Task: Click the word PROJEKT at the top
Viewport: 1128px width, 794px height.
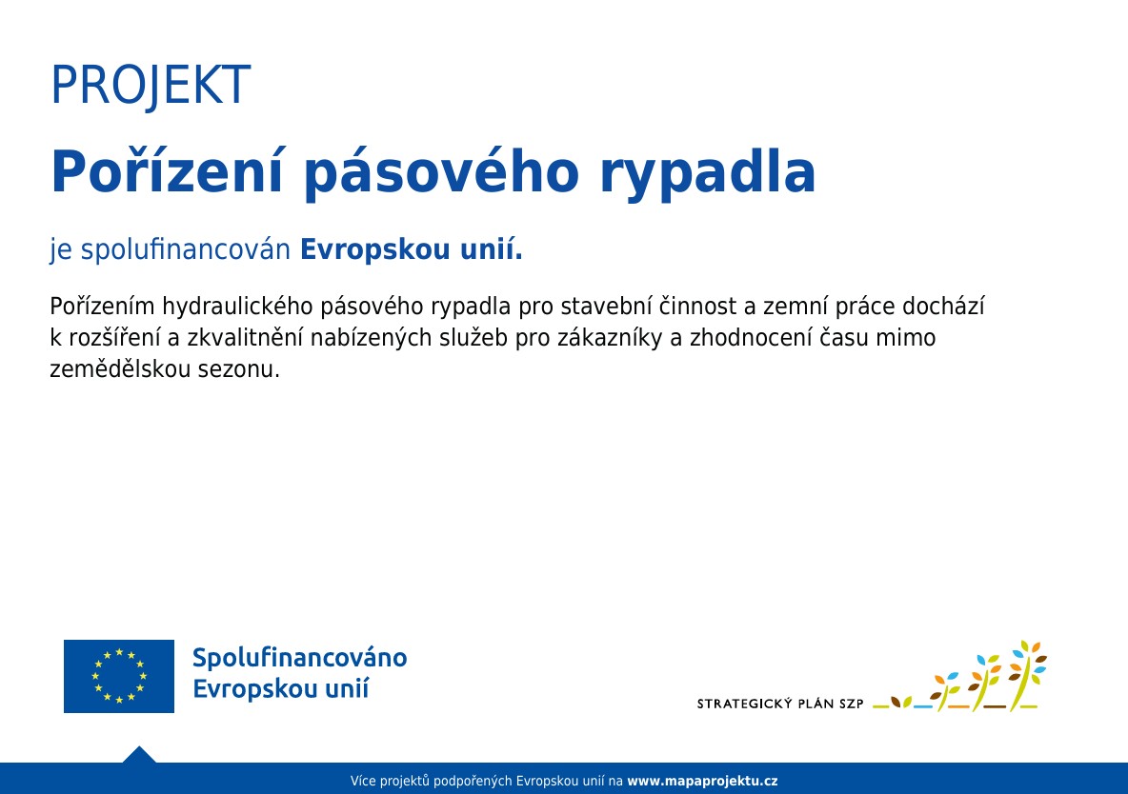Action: (x=151, y=85)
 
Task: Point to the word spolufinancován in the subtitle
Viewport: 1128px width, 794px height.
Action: (x=185, y=250)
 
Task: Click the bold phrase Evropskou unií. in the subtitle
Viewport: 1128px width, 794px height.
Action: (x=411, y=249)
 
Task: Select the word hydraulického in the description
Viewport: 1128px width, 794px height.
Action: (x=236, y=308)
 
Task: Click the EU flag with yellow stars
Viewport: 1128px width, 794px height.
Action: (x=119, y=676)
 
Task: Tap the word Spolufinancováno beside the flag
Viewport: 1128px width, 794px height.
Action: (x=299, y=658)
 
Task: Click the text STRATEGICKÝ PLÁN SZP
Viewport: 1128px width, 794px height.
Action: (x=780, y=705)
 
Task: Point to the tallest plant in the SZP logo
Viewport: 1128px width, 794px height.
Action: (x=1027, y=676)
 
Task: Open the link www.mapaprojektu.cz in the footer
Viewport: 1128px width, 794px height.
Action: (x=702, y=781)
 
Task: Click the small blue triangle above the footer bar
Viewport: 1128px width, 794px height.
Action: (x=139, y=754)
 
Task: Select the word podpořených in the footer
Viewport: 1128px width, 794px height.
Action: (x=473, y=781)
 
